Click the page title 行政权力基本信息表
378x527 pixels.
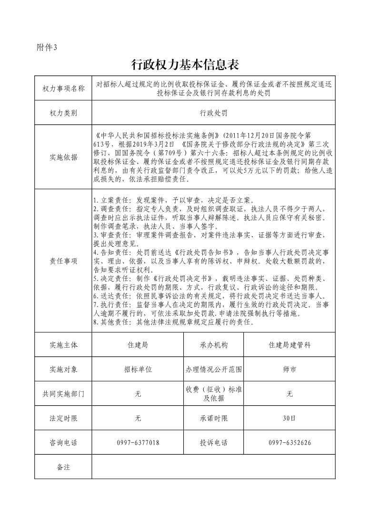(x=185, y=64)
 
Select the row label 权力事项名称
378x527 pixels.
(x=63, y=88)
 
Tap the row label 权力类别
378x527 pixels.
(x=63, y=113)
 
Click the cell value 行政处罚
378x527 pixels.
(x=214, y=113)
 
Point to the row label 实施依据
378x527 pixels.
(x=63, y=157)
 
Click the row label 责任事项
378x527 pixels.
(x=63, y=261)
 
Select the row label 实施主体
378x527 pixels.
(x=63, y=345)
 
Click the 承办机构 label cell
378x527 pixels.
(x=214, y=345)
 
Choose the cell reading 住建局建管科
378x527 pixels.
(x=289, y=345)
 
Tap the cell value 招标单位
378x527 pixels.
(x=138, y=369)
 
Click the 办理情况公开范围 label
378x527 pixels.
(x=214, y=369)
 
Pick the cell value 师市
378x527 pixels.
(x=289, y=369)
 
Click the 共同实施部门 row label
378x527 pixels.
(x=63, y=394)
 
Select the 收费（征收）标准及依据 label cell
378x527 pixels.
(x=214, y=394)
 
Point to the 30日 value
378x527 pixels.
(x=289, y=419)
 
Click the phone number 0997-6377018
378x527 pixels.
(x=138, y=443)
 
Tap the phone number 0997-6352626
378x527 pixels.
(x=289, y=443)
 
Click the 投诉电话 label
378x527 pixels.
(x=214, y=443)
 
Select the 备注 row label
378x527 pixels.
(x=63, y=467)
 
